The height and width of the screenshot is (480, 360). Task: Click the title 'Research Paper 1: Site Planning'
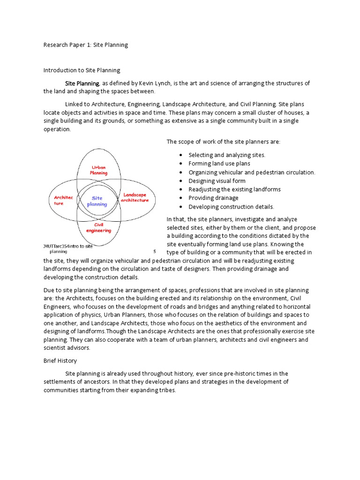tap(85, 45)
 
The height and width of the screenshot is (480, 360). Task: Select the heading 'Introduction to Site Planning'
tap(82, 70)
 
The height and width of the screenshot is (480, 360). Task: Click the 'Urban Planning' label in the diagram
tap(98, 170)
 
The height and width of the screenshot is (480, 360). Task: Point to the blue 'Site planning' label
tap(97, 201)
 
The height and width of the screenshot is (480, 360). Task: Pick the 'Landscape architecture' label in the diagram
tap(135, 197)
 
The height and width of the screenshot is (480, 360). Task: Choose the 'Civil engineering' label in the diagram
tap(98, 228)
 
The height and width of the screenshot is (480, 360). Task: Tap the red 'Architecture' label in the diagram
tap(63, 201)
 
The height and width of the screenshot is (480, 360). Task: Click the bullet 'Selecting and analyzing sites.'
tap(227, 155)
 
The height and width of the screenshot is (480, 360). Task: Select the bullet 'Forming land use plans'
tap(219, 164)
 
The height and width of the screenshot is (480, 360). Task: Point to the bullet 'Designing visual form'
tap(217, 181)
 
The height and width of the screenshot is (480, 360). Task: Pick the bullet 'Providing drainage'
tap(213, 198)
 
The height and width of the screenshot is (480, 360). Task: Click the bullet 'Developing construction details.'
tap(231, 207)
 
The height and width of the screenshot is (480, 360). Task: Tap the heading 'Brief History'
tap(60, 361)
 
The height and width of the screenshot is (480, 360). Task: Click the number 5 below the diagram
tap(154, 251)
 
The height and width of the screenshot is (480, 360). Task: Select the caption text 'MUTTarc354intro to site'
tap(68, 246)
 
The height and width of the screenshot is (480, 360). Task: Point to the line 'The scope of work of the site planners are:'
tap(223, 142)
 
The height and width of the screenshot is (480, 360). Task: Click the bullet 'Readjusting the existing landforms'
tap(234, 189)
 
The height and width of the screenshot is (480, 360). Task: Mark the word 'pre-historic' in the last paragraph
tap(230, 374)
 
